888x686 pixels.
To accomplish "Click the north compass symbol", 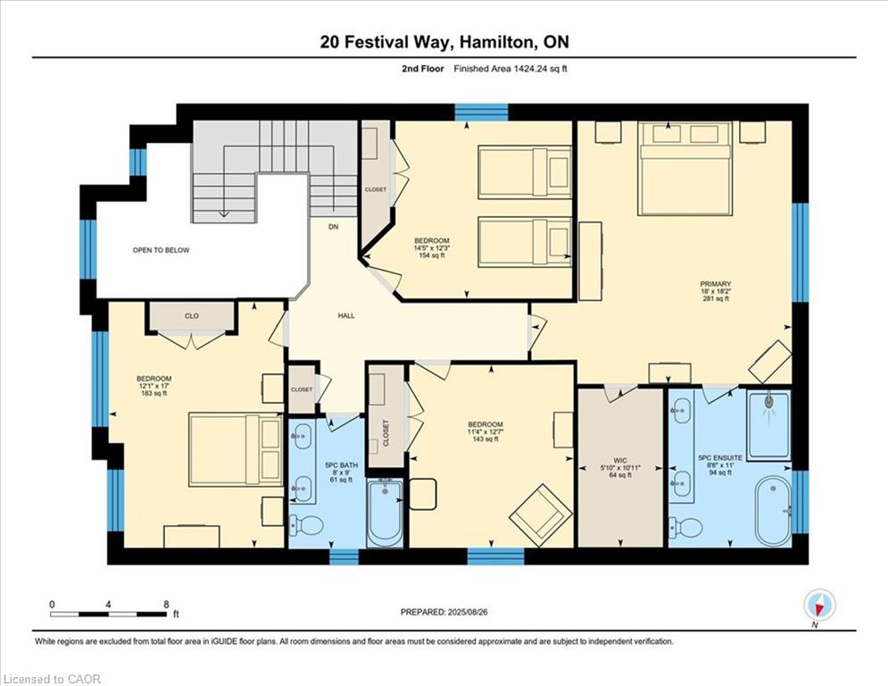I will click(x=818, y=606).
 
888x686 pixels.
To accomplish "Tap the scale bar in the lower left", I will click(x=108, y=614).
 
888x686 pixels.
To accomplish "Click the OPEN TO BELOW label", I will click(x=161, y=250).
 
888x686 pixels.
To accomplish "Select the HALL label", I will click(x=346, y=316).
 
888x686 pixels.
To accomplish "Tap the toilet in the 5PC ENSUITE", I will click(x=686, y=527).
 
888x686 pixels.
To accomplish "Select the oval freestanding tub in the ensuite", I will click(x=772, y=510).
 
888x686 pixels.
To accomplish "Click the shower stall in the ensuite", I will click(x=768, y=424).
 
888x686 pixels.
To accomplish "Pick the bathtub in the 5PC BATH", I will click(x=386, y=512).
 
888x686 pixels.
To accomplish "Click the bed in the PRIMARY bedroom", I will click(x=685, y=169).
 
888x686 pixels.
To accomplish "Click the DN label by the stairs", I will click(x=333, y=228).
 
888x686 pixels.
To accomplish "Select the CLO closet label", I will click(x=192, y=315).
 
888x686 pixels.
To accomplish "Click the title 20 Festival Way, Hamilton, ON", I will click(x=444, y=41).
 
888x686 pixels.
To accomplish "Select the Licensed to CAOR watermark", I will click(x=52, y=679).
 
